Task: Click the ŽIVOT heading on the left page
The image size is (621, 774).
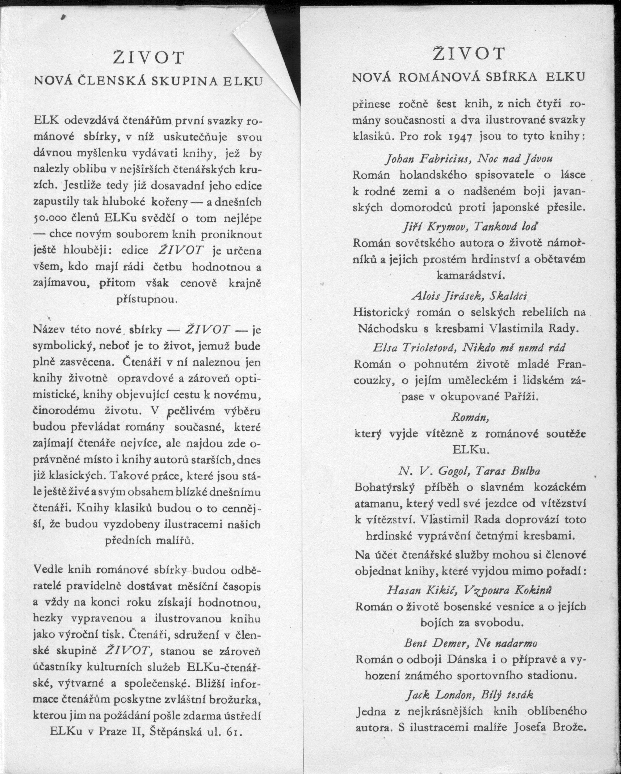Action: click(148, 58)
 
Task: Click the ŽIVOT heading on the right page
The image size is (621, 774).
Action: click(469, 54)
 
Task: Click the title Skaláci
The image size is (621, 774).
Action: click(508, 295)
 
